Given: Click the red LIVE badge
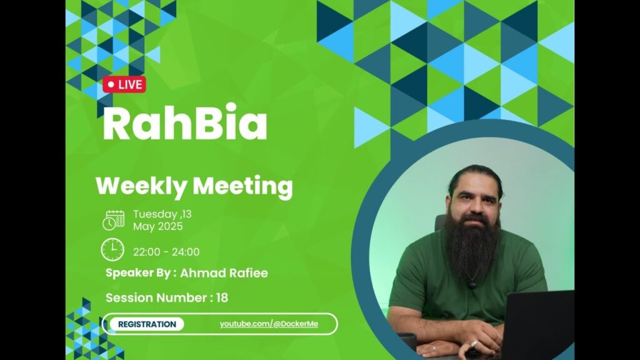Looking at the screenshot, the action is (x=124, y=84).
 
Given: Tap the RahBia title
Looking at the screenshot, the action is (x=185, y=122).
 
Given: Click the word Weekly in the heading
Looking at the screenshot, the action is (x=141, y=186).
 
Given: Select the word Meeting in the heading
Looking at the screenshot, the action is (x=242, y=186).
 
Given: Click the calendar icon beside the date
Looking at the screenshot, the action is (x=114, y=221).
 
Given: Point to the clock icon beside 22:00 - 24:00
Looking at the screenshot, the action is (x=112, y=250).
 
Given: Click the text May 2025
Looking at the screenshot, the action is (x=158, y=226).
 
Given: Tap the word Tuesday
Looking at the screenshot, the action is (x=155, y=214).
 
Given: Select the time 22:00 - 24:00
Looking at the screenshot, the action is (x=166, y=252).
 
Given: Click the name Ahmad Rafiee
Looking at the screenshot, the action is (x=224, y=273).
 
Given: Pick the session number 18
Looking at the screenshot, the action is (x=222, y=297).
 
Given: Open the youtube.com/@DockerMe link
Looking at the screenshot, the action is (x=269, y=324).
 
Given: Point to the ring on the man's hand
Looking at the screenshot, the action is (x=474, y=344).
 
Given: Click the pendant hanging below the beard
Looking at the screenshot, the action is (x=472, y=284).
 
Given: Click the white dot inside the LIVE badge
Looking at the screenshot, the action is (x=111, y=84).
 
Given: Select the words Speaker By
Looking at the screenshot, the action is (x=138, y=273).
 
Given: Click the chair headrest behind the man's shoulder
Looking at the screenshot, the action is (x=440, y=223).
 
